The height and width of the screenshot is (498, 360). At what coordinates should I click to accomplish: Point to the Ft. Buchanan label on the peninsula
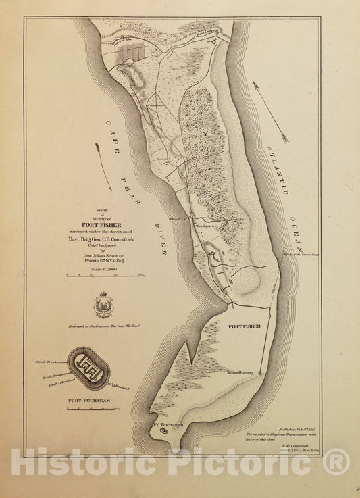(165, 426)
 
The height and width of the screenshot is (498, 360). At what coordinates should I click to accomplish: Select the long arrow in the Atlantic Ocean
(270, 111)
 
